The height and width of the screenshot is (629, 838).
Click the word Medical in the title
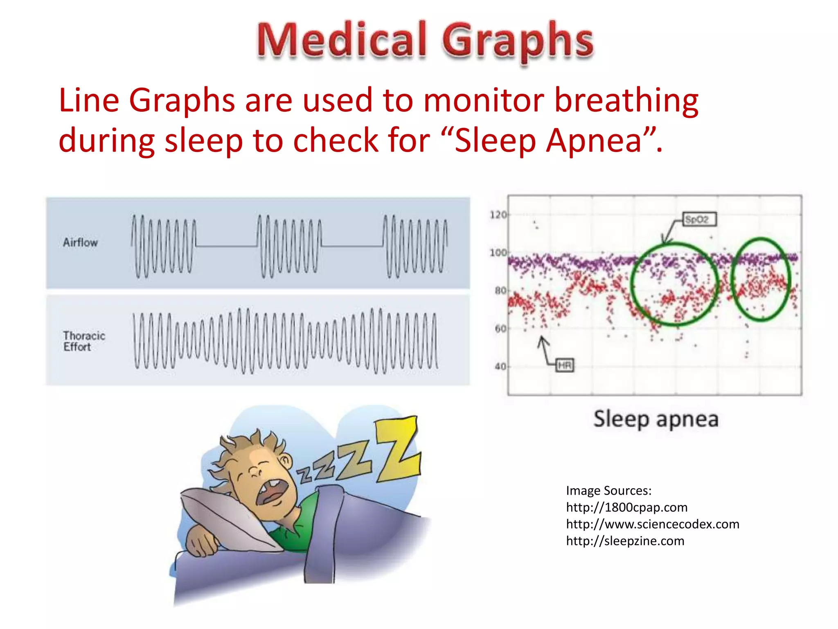coord(342,40)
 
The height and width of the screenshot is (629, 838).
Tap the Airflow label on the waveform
coord(80,242)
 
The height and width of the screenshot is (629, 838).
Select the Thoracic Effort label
coord(84,341)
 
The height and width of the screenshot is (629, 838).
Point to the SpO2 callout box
coord(699,219)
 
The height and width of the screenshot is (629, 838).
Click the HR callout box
coord(565,365)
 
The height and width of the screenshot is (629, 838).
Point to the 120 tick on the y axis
coord(498,215)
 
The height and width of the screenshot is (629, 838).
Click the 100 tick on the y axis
coord(498,253)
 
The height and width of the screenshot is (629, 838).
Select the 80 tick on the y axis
coord(500,291)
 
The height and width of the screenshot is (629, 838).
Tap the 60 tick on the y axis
coord(500,328)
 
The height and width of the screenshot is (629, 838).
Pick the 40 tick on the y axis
coord(500,367)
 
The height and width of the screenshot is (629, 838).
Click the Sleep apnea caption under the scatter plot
coord(656,419)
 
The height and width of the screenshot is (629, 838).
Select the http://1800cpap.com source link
coord(626,507)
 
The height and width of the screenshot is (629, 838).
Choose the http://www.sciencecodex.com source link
coord(652,524)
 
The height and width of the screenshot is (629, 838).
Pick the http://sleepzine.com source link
coord(625,541)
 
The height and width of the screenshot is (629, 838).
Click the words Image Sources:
coord(608,491)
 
